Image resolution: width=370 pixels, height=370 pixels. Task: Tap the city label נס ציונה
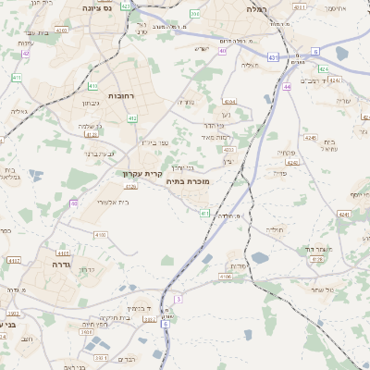point(95,8)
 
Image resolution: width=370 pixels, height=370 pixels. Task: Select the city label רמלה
point(255,8)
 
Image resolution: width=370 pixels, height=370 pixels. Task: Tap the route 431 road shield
point(272,58)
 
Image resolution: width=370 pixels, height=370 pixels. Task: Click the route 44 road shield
point(288,86)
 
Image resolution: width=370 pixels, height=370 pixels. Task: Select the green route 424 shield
point(323,69)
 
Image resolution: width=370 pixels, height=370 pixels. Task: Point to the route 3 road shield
point(179,299)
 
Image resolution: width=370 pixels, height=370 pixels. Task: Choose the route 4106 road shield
point(226,276)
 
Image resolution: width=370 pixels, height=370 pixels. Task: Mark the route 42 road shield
point(26,54)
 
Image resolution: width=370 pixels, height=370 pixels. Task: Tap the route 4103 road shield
point(99,235)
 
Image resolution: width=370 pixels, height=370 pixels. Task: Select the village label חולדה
point(277,228)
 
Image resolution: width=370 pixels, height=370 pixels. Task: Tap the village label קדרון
point(83,270)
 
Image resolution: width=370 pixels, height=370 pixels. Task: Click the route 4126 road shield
point(130,186)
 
